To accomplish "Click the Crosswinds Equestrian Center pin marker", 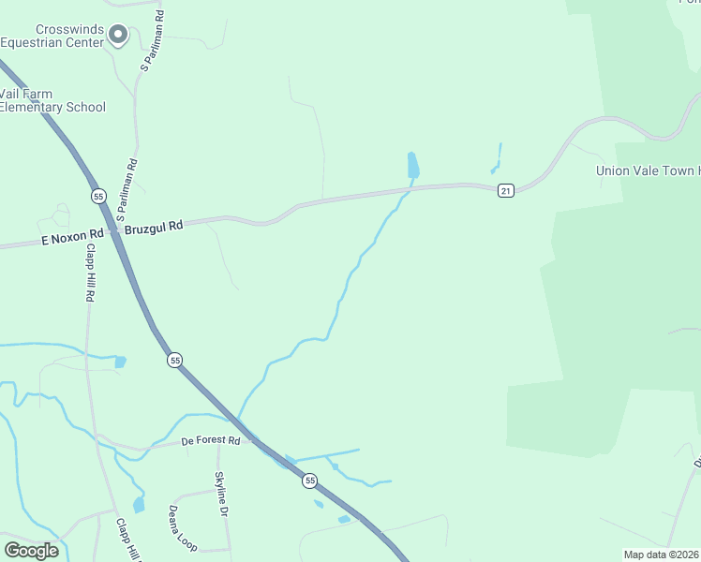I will (118, 35).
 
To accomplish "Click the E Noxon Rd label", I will (71, 240).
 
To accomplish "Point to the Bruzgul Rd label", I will (154, 226).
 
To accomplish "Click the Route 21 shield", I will (505, 191).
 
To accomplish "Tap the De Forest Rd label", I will (211, 440).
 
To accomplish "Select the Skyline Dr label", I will (221, 495).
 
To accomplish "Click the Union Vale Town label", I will (647, 170).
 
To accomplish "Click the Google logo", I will (31, 551).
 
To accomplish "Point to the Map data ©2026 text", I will (661, 555).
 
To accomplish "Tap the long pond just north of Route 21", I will (412, 166).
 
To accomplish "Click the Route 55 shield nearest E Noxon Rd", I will (98, 196).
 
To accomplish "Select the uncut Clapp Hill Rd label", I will (90, 273).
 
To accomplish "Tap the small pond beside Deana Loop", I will (139, 505).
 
